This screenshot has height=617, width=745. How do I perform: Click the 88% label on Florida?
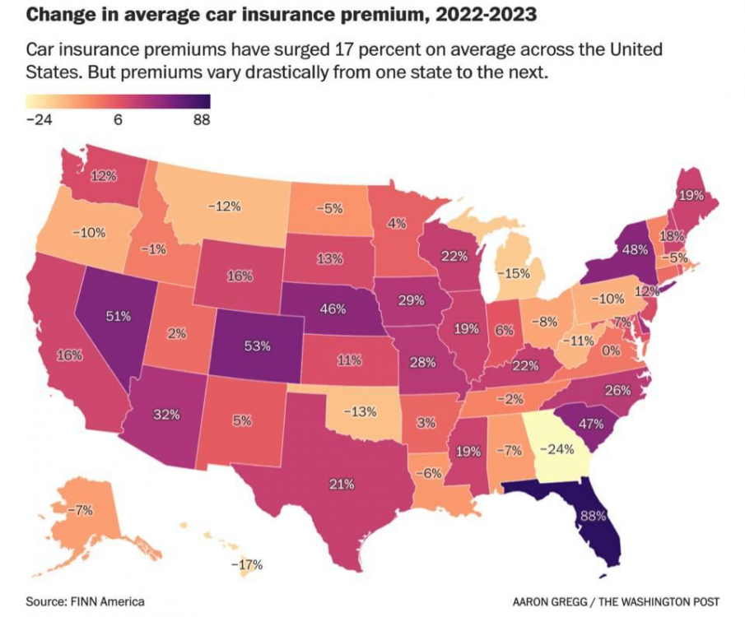(x=593, y=516)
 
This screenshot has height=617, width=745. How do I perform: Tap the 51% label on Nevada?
(x=119, y=315)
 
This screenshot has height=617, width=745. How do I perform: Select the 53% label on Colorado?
(x=258, y=346)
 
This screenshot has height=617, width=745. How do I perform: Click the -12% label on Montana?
(x=224, y=206)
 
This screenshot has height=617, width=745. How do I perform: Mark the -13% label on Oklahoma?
(x=359, y=411)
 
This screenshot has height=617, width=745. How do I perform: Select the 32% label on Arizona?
(x=166, y=415)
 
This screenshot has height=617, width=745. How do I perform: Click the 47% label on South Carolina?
(x=591, y=424)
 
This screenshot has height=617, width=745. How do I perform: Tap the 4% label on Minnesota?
(x=397, y=224)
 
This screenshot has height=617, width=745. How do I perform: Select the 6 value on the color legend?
(x=118, y=119)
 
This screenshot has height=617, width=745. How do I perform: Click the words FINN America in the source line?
(x=108, y=601)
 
